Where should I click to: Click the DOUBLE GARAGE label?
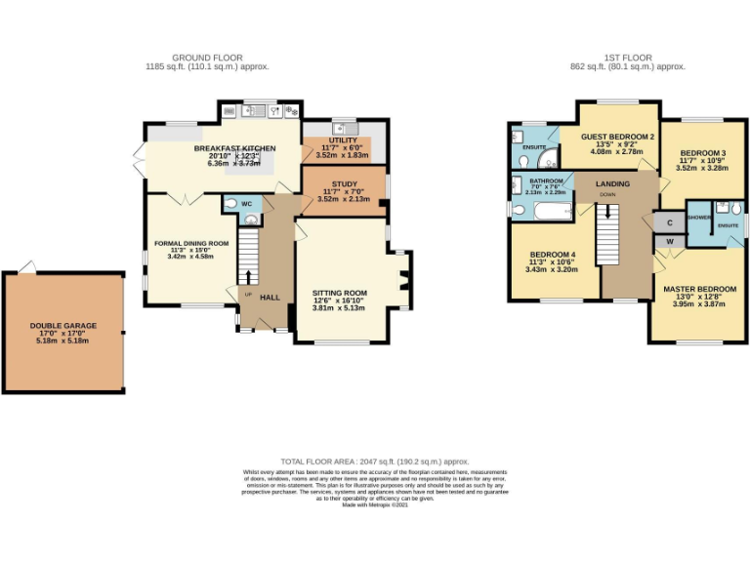coord(63,326)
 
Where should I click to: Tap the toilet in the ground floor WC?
coord(230,206)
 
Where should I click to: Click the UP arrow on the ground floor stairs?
coord(248,274)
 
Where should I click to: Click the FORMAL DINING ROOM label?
coord(191,243)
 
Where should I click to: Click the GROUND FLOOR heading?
coord(207,58)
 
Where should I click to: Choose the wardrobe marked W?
coord(669,240)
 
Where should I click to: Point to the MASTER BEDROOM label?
coord(699,290)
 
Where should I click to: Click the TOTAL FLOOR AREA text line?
coord(375,461)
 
